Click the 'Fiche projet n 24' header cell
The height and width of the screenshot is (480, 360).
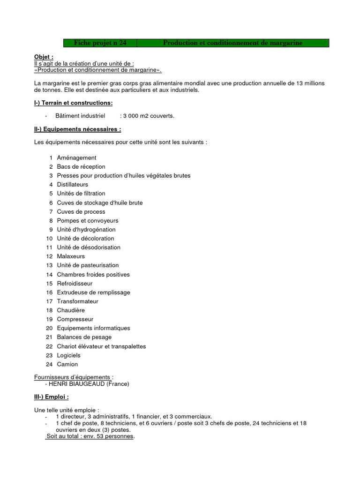[100, 43]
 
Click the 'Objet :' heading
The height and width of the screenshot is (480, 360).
[44, 57]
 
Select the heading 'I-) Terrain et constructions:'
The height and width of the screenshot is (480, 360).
[74, 103]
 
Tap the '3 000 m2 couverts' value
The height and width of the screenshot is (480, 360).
[148, 116]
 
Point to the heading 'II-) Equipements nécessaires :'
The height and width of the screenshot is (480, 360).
[78, 129]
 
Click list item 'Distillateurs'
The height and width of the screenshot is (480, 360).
[72, 185]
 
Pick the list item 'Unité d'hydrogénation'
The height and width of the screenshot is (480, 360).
[86, 230]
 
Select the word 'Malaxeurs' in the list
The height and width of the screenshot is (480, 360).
[71, 256]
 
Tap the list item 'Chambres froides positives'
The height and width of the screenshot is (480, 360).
[93, 275]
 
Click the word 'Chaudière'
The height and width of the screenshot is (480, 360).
[71, 310]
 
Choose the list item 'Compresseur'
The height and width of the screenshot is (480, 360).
[75, 319]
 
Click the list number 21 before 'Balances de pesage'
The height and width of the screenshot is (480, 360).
[49, 337]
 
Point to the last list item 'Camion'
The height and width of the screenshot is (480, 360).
[67, 364]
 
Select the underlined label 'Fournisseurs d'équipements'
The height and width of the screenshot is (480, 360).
[73, 377]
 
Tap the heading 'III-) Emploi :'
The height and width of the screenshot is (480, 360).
[52, 397]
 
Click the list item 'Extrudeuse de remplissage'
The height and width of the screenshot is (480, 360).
[93, 292]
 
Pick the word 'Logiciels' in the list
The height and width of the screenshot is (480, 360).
[69, 355]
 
